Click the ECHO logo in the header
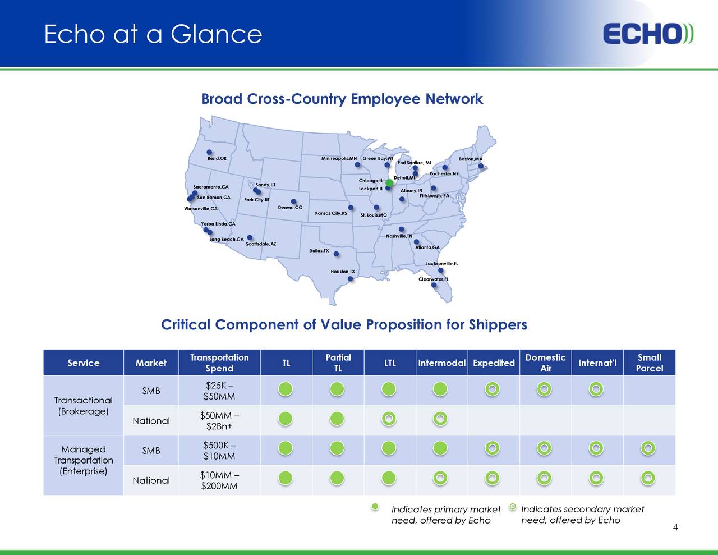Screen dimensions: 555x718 click(648, 34)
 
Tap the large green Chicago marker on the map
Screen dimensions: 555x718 click(389, 183)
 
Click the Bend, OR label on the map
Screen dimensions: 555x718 click(217, 159)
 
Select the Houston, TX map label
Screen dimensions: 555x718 click(342, 272)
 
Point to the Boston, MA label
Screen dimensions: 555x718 click(470, 159)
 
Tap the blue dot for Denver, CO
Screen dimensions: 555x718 click(293, 201)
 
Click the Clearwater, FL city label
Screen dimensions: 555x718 click(433, 279)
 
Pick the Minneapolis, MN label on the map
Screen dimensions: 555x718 click(339, 158)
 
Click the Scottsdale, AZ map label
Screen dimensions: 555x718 click(261, 244)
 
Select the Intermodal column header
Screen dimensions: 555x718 click(441, 363)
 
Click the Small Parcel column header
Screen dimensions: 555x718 click(649, 363)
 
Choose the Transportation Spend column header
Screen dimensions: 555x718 click(219, 363)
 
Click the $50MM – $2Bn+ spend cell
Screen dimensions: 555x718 click(219, 421)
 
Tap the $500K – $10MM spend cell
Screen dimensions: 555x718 click(219, 451)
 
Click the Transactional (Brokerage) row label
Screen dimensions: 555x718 click(83, 406)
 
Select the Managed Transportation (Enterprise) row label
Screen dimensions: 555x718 click(83, 460)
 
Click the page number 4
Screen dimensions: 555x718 click(675, 527)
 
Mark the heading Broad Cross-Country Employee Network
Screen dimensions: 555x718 click(342, 99)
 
